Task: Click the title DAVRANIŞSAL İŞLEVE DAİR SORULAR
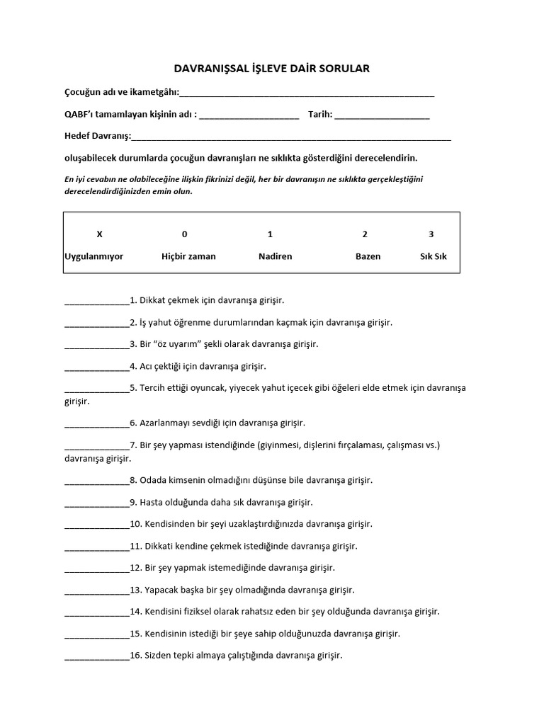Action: (272, 69)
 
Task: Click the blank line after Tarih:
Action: (382, 115)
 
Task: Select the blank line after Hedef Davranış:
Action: (291, 137)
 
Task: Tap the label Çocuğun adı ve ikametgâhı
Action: (121, 93)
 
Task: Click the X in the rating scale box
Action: (99, 234)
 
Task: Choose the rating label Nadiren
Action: (275, 256)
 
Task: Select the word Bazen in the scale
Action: (368, 256)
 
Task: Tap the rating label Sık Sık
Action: (433, 256)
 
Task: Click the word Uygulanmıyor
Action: (93, 256)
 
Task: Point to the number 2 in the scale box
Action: (365, 234)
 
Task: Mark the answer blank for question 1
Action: (97, 301)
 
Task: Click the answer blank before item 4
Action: (97, 367)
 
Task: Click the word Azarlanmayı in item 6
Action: (166, 423)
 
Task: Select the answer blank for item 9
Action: (97, 503)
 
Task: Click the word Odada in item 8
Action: (152, 480)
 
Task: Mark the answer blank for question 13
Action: (97, 590)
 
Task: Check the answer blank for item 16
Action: (97, 656)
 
